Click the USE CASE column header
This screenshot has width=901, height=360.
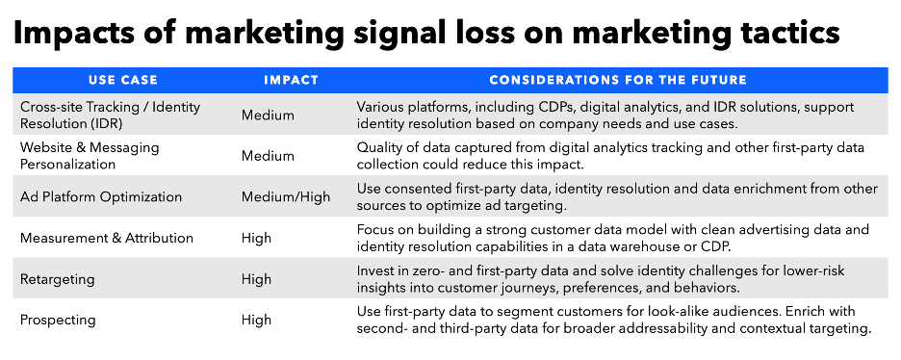point(123,81)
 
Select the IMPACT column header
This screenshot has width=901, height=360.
point(291,81)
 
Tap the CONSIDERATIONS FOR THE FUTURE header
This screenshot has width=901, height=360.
point(618,81)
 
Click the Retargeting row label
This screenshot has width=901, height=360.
point(58,279)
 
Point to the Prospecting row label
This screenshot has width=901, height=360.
point(58,321)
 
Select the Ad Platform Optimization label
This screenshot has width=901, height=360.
point(101,197)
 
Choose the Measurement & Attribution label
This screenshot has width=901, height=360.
point(107,238)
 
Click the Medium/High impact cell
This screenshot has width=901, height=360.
point(286,197)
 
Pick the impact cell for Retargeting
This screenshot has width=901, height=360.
point(256,279)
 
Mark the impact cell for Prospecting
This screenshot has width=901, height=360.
point(256,321)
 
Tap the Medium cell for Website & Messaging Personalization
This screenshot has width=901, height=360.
point(268,156)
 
